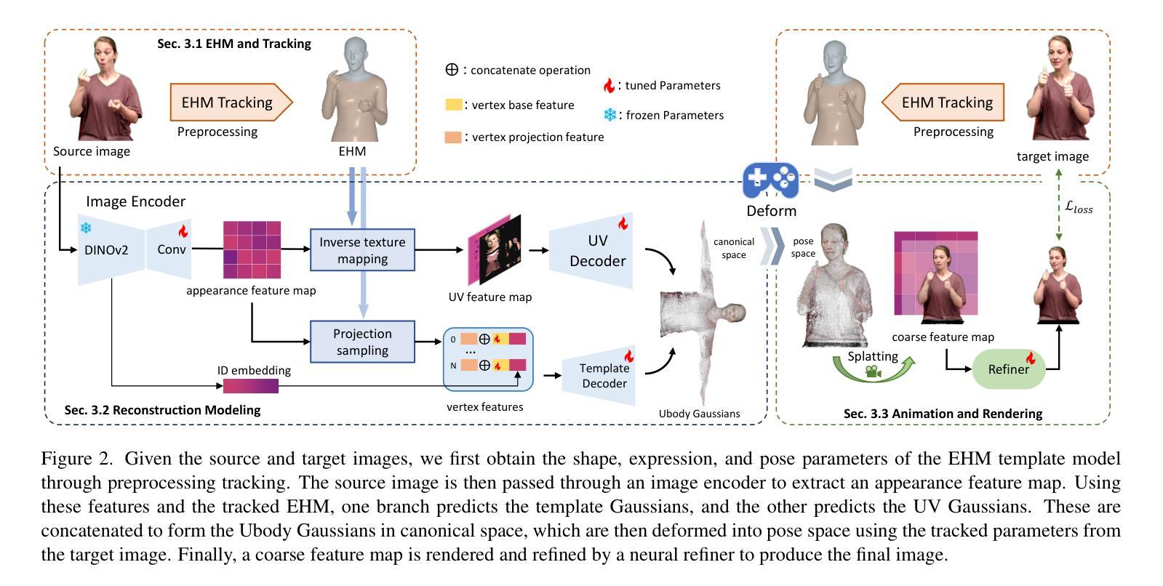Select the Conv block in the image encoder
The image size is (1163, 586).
(169, 249)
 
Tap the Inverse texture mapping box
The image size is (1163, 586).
(362, 249)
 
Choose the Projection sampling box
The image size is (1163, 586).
(362, 342)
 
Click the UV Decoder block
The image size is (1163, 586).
(592, 250)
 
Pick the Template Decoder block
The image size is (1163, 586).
(599, 376)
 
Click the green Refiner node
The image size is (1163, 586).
(1008, 369)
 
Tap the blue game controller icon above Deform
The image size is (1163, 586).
(770, 180)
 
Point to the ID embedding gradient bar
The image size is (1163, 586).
(251, 385)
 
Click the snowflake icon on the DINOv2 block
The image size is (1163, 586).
(86, 228)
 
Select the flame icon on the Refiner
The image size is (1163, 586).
(1031, 357)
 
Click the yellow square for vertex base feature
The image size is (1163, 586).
(453, 104)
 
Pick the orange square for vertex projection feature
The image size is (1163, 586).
(453, 137)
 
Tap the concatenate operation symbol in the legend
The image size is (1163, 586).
(452, 70)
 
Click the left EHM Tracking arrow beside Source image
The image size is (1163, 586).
(231, 103)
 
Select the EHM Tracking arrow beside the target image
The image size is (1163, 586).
(943, 103)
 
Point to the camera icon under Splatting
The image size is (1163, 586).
(873, 371)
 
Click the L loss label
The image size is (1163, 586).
(1079, 207)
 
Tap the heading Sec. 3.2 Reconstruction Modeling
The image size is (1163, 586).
(162, 410)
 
